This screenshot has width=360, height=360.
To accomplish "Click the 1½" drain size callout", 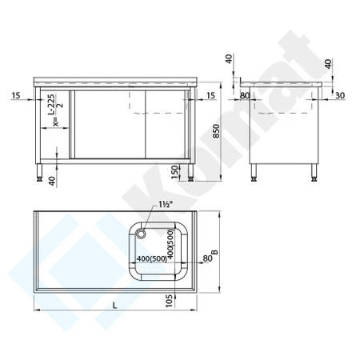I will click(167, 205).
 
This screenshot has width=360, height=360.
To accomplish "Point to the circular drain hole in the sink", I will click(142, 234).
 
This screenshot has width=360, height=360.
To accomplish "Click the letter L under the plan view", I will click(115, 305).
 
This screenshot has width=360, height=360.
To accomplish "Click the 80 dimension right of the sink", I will click(206, 258).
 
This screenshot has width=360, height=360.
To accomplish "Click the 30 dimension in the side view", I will click(342, 96).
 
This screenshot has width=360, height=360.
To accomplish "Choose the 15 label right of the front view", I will click(210, 96).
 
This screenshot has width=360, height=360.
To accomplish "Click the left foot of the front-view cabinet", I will click(39, 178).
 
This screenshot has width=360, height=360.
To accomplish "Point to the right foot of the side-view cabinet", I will click(313, 178).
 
